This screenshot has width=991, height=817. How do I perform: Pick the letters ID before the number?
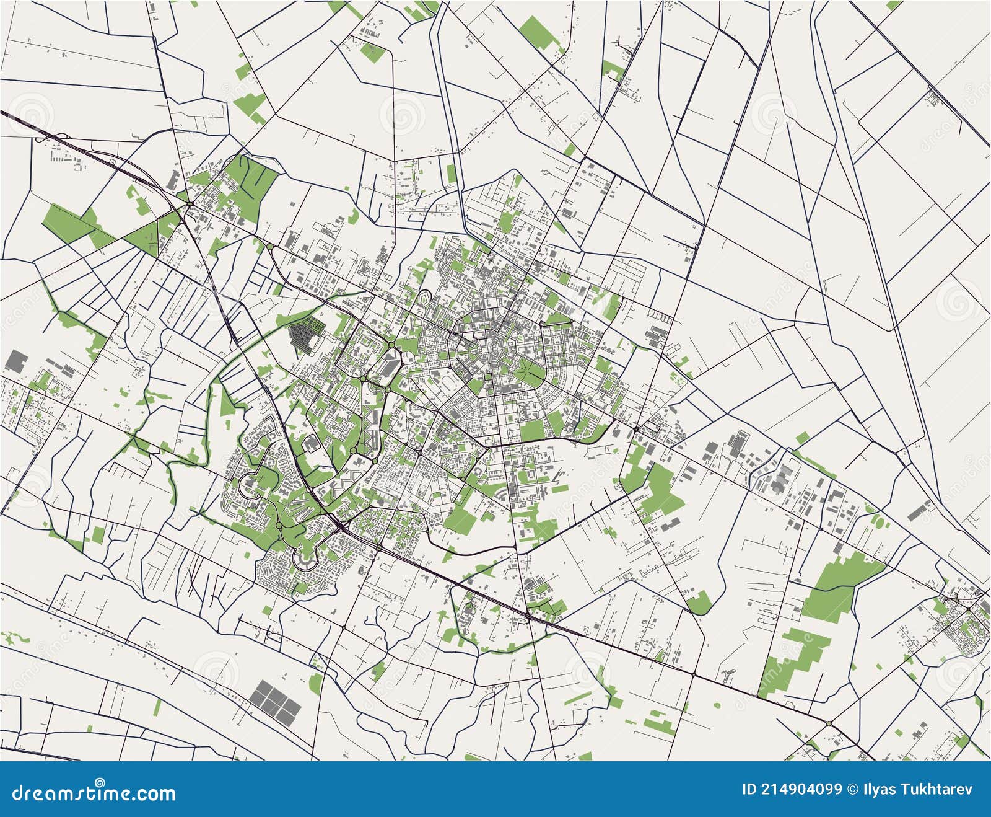point(749,789)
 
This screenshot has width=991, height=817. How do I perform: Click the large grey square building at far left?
point(17,362)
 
